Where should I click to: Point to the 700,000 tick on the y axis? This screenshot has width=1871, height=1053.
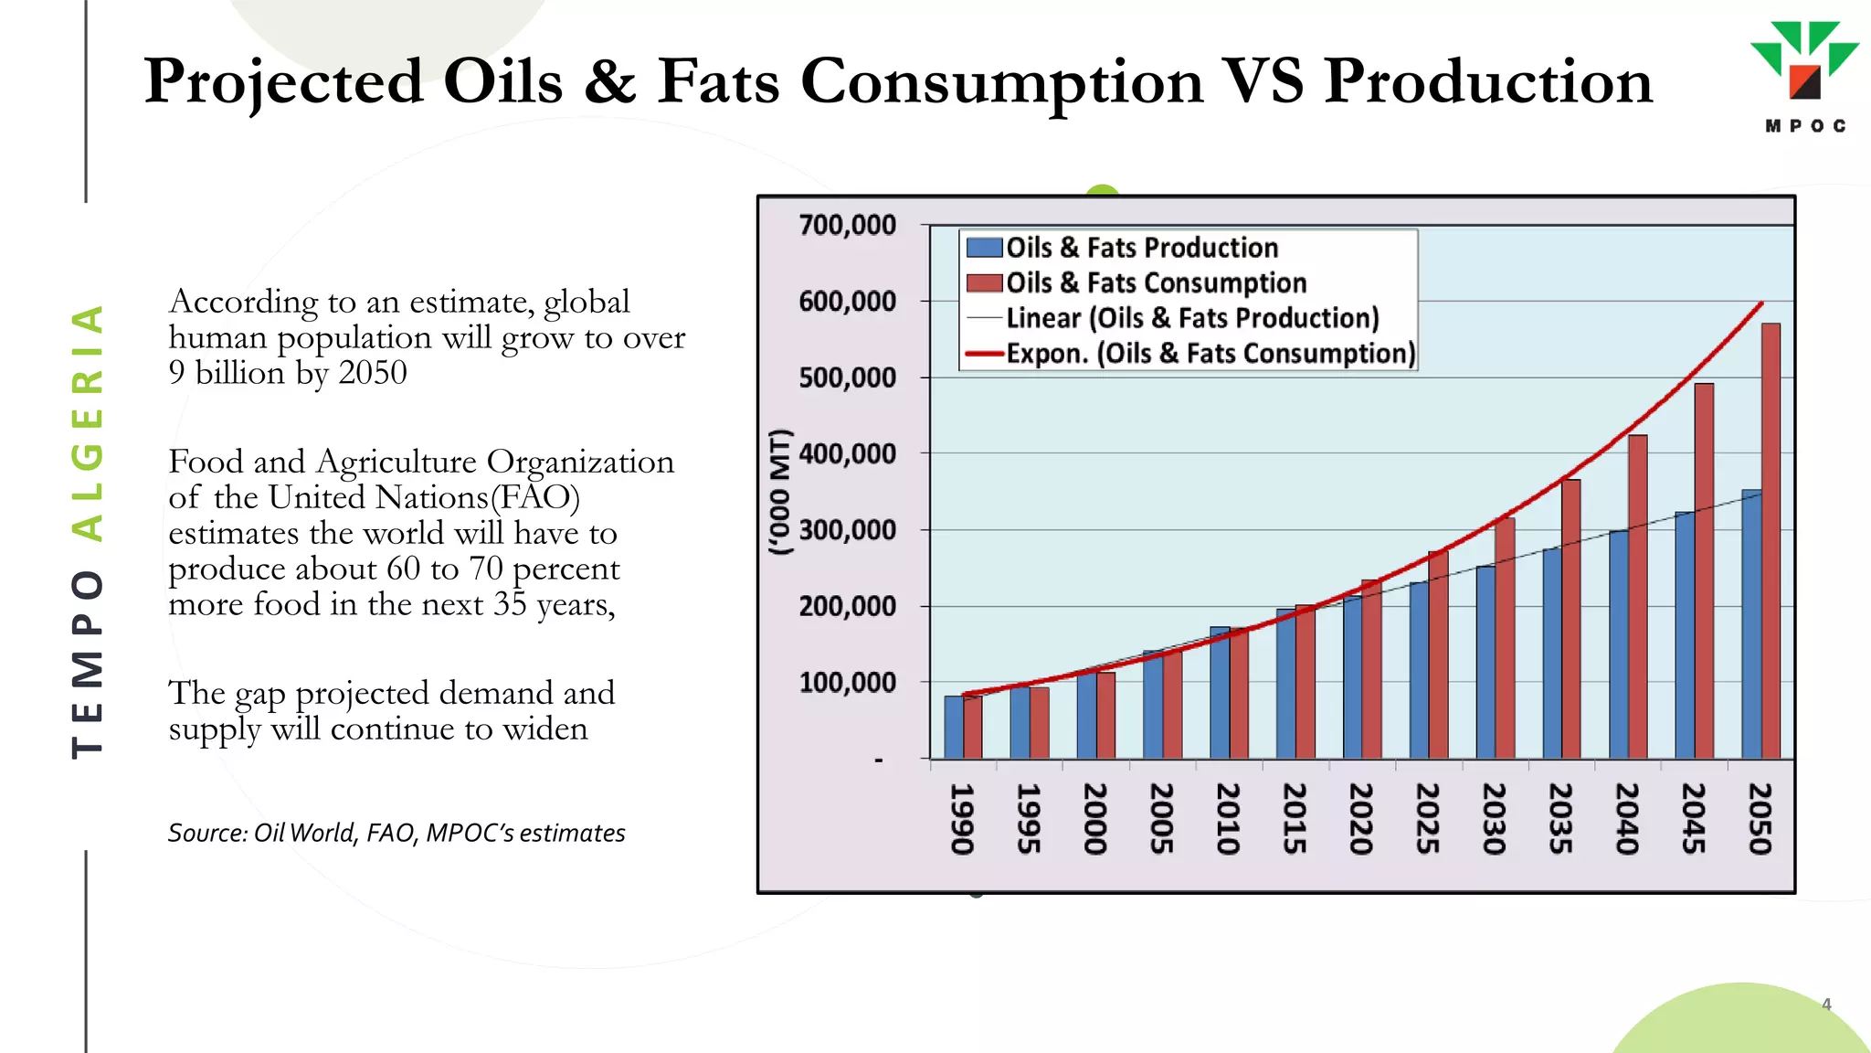(x=847, y=225)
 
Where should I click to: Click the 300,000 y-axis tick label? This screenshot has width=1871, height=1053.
(x=847, y=530)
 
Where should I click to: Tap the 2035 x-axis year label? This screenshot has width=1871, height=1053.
(x=1560, y=817)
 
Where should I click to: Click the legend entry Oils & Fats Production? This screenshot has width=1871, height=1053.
(x=1141, y=248)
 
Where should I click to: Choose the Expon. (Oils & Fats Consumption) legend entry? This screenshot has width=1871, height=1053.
(x=1210, y=354)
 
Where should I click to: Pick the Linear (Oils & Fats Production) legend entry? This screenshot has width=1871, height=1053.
(x=1191, y=318)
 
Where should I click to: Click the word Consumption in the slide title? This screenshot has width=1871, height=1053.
(x=1002, y=82)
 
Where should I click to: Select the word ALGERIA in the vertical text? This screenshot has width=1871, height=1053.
(x=88, y=422)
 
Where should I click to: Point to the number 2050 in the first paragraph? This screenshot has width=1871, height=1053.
(x=373, y=373)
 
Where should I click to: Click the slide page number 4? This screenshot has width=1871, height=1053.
(x=1826, y=1004)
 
